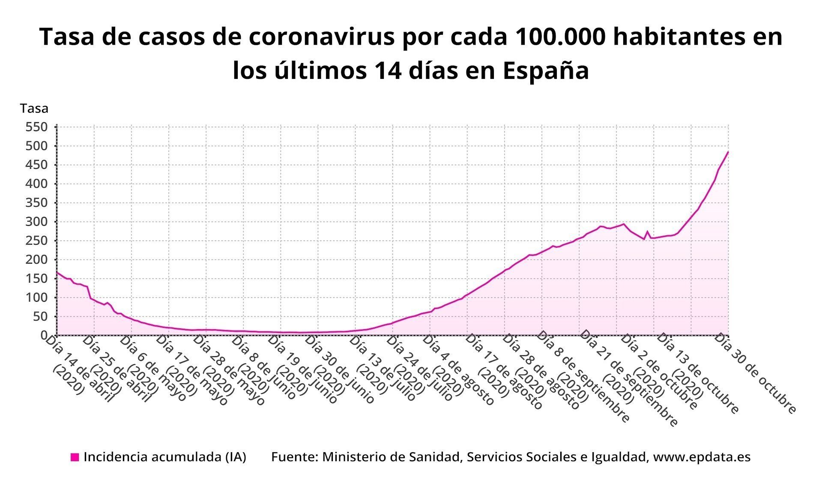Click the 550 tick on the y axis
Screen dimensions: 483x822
point(36,127)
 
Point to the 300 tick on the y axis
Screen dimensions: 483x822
point(36,222)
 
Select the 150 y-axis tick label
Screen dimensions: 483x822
point(36,279)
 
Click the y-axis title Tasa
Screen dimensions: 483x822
point(34,108)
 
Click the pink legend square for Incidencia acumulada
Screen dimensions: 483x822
point(75,457)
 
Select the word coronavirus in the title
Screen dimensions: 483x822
point(320,37)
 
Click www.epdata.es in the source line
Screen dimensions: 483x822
point(702,457)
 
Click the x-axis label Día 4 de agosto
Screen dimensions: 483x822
point(458,370)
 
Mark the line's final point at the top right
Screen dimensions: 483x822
point(728,152)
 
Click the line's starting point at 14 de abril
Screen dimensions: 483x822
point(57,272)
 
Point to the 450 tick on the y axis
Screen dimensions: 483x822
point(36,165)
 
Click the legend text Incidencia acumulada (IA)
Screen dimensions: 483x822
point(165,457)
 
